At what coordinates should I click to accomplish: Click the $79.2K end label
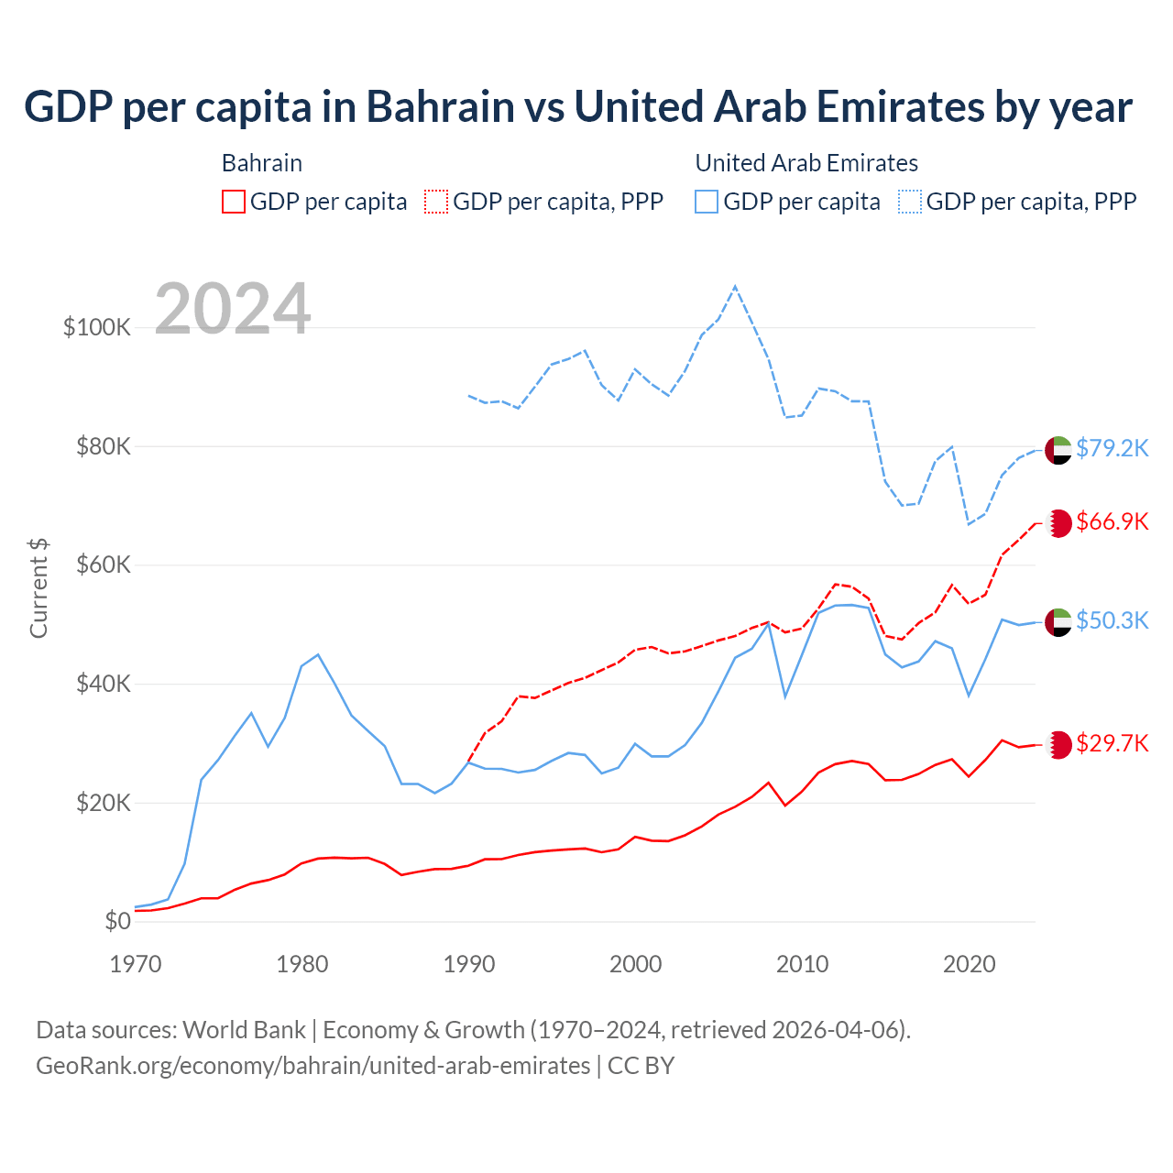coord(1112,448)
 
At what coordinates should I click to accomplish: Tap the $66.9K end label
coord(1112,522)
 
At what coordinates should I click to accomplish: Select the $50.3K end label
coord(1112,621)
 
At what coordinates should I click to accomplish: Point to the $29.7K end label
coord(1112,743)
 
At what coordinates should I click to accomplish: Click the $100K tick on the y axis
coord(97,327)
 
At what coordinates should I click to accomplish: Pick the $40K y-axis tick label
coord(104,684)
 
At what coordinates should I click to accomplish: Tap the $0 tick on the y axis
coord(117,921)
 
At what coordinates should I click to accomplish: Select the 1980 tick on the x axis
coord(302,964)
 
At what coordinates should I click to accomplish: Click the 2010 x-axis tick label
coord(803,964)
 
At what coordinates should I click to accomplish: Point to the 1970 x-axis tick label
coord(136,964)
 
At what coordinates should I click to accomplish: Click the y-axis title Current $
coord(38,588)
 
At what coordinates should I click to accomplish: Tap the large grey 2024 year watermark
coord(233,308)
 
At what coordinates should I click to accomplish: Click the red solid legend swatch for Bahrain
coord(234,202)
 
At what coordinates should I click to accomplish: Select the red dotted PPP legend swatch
coord(436,202)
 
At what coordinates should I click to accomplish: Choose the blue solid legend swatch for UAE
coord(707,202)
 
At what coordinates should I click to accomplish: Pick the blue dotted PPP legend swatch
coord(910,202)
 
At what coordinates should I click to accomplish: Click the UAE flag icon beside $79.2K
coord(1058,450)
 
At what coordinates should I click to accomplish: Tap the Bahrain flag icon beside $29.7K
coord(1058,744)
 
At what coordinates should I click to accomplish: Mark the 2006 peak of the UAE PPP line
coord(735,287)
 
